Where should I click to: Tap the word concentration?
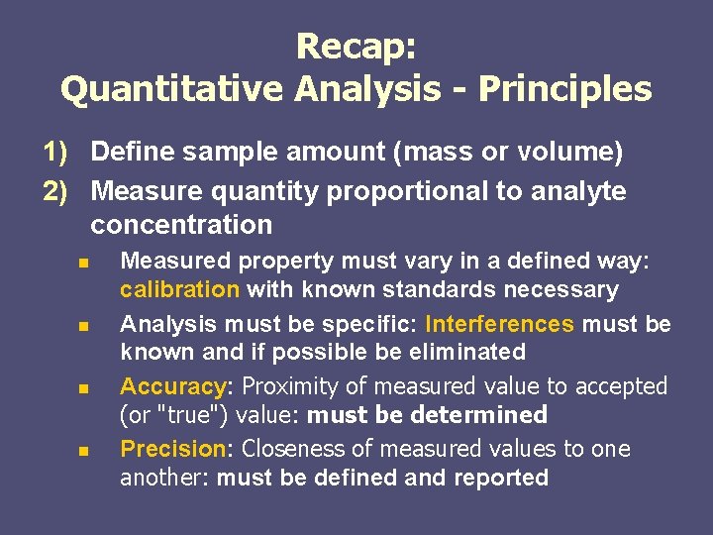tap(181, 225)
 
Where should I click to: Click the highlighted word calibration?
tap(179, 289)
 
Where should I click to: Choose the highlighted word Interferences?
tap(499, 324)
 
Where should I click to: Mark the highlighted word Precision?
tap(173, 449)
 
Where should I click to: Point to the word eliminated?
tap(461, 352)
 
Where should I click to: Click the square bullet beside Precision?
tap(84, 451)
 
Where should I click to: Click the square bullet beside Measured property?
tap(84, 264)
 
